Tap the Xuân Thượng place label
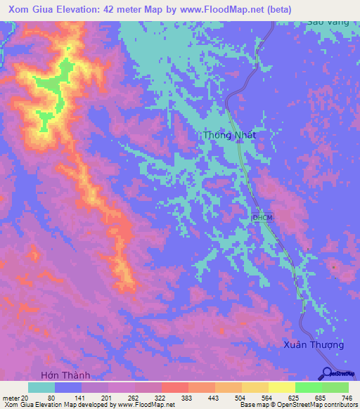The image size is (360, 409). click(314, 344)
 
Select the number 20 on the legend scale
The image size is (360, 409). click(26, 398)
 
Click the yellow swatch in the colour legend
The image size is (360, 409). click(281, 387)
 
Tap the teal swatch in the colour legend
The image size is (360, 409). click(41, 387)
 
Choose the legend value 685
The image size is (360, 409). click(316, 398)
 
